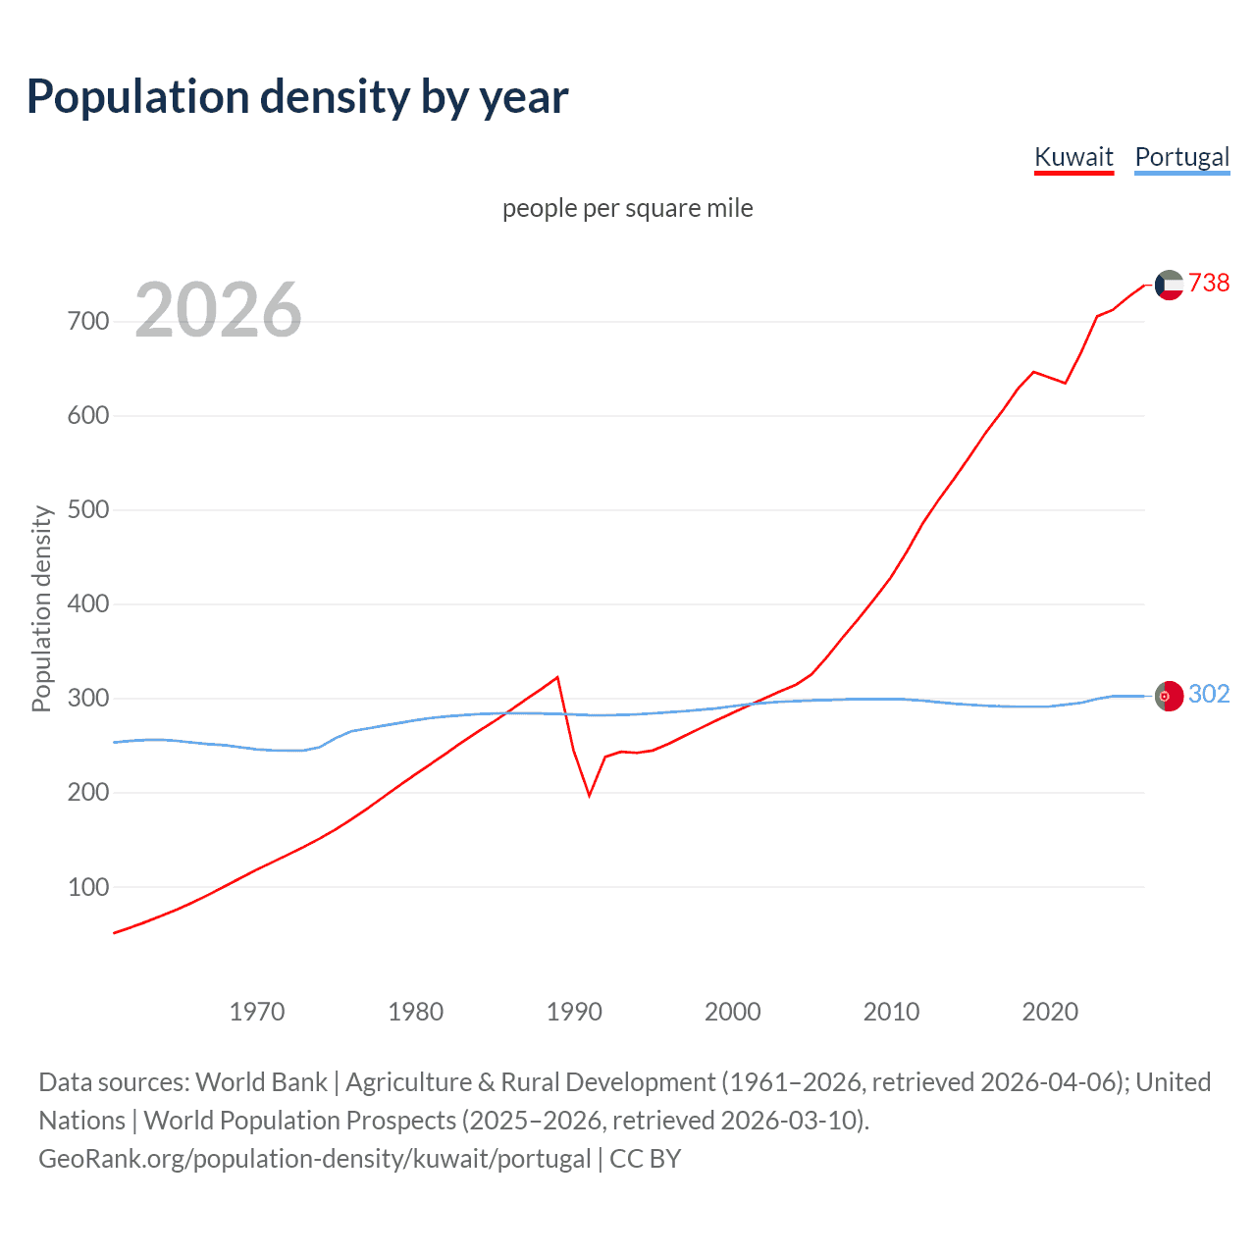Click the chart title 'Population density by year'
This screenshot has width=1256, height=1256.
tap(297, 97)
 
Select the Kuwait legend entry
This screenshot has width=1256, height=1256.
tap(1073, 157)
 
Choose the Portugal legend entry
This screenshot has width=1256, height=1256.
tap(1181, 157)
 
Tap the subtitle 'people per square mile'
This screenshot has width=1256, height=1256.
tap(627, 208)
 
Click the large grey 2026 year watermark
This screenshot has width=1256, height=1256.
tap(218, 310)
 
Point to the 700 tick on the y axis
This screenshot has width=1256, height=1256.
tap(88, 321)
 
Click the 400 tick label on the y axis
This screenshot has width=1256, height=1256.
tap(88, 603)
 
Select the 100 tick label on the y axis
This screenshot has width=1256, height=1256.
tap(88, 887)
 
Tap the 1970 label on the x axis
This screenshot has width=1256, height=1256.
tap(257, 1012)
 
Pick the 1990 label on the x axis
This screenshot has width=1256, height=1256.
tap(574, 1012)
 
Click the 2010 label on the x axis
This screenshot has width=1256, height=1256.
tap(891, 1012)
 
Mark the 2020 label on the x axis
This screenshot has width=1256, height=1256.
tap(1050, 1012)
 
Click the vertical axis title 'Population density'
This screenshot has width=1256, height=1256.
tap(41, 608)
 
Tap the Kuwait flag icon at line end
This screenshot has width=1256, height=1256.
tap(1169, 285)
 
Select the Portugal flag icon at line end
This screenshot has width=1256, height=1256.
tap(1169, 696)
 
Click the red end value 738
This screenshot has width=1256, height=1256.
tap(1209, 283)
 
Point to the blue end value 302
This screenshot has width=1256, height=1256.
tap(1209, 694)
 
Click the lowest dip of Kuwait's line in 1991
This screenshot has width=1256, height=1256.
tap(590, 795)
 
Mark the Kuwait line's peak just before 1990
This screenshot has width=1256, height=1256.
tap(557, 677)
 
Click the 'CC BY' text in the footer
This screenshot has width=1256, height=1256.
tap(645, 1159)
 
